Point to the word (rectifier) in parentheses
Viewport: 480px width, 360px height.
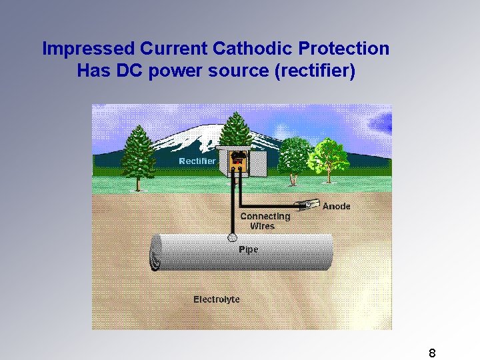(x=315, y=70)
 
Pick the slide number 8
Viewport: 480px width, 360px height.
(x=432, y=353)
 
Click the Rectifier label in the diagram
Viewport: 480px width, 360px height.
(x=197, y=161)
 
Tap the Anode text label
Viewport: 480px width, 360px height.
(x=336, y=206)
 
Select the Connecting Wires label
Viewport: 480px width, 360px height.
(x=265, y=221)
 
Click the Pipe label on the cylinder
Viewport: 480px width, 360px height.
(x=248, y=250)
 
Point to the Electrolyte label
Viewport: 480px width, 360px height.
(x=217, y=299)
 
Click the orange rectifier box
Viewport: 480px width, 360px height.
(x=238, y=161)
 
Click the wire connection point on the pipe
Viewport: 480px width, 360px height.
(x=232, y=237)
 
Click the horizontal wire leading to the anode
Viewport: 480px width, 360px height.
(x=269, y=205)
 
